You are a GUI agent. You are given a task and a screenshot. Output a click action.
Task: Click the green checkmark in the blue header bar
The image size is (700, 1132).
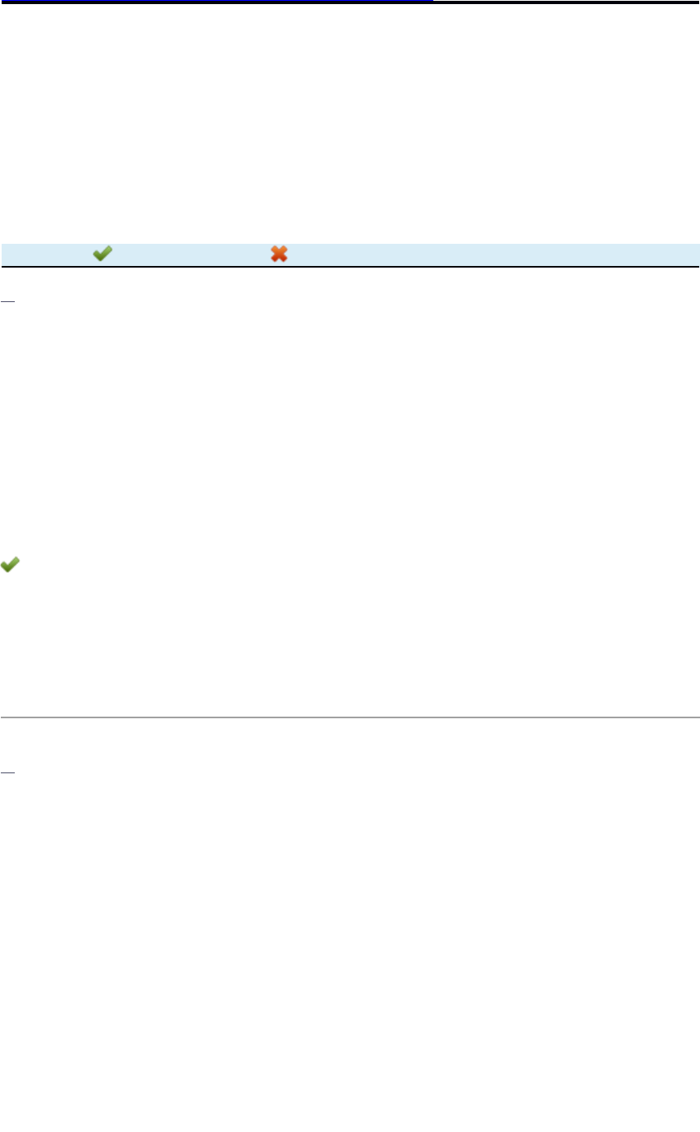coord(102,254)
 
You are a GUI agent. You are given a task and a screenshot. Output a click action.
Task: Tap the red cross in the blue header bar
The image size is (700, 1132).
coord(279,254)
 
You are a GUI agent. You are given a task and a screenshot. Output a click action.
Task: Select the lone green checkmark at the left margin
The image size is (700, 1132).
coord(11,565)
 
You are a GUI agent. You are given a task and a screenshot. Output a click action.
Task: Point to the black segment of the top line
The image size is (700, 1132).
coord(566,2)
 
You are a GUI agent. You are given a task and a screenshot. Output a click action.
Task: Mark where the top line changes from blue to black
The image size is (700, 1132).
coord(433,2)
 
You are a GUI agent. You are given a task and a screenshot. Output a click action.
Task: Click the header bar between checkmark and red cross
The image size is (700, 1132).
coord(190,254)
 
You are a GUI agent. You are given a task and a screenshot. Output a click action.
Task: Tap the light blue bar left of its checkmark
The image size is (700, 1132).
coord(45,254)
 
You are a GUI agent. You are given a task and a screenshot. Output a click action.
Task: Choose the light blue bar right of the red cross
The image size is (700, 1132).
coord(492,254)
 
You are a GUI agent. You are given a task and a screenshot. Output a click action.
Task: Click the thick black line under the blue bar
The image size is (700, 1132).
coord(350,267)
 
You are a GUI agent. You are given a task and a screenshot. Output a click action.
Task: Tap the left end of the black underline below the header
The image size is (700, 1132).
coord(2,267)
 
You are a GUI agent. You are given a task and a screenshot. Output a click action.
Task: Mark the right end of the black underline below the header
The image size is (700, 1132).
coord(698,267)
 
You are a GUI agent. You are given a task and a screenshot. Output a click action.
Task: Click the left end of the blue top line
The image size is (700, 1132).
coord(2,2)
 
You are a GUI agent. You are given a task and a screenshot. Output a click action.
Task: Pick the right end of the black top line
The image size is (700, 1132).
coord(698,2)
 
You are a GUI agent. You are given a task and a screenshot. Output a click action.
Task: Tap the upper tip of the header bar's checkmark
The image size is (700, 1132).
coord(110,249)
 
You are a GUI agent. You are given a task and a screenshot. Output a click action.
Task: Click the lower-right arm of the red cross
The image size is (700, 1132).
coord(284,259)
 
